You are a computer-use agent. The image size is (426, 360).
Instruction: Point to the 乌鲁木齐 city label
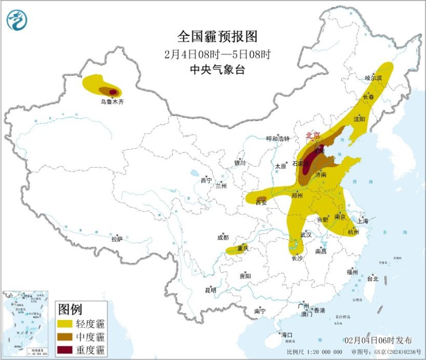[113, 102]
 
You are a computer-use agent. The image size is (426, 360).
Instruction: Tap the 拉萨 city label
[117, 239]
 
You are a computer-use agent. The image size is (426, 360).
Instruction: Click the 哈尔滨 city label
[373, 78]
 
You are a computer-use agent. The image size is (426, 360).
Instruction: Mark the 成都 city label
[223, 238]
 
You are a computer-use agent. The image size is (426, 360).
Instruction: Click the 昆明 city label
[210, 290]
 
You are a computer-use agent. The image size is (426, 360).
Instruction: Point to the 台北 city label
[372, 278]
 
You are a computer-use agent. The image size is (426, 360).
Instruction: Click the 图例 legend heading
[70, 310]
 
